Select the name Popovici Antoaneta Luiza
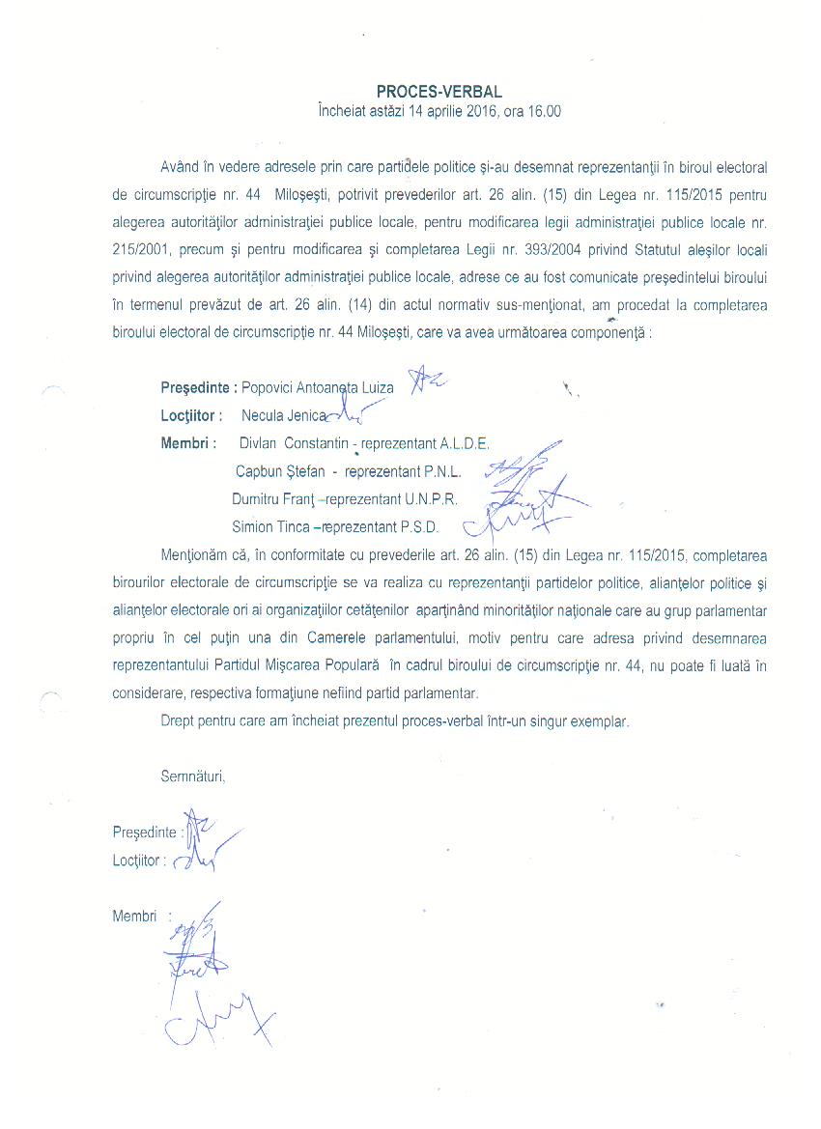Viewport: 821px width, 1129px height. tap(318, 388)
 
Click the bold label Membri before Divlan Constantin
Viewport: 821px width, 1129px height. tap(188, 443)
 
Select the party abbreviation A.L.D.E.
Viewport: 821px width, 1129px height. tap(466, 443)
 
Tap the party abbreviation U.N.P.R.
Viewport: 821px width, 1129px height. tap(424, 499)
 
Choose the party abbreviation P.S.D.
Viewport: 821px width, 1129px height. tap(413, 527)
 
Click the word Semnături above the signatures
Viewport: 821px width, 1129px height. tap(192, 775)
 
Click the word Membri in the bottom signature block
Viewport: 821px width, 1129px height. tap(134, 917)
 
